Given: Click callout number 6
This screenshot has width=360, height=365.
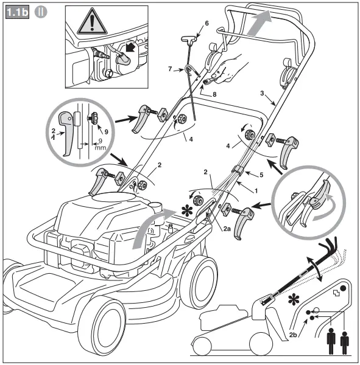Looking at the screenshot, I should tap(206, 23).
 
